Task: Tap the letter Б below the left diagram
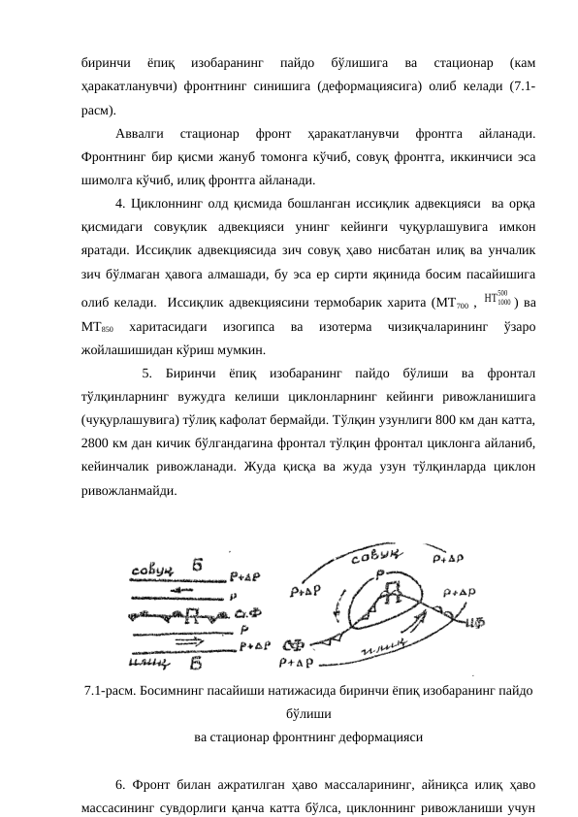tap(197, 665)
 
